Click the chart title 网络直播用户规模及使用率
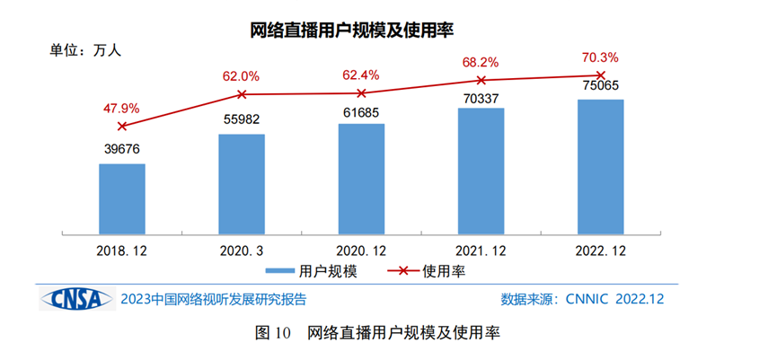tap(352, 31)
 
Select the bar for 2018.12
tap(122, 199)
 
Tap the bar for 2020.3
tap(242, 185)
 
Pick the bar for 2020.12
tap(361, 180)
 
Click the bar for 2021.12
tap(481, 171)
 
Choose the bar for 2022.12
tap(600, 167)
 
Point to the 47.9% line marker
tap(122, 126)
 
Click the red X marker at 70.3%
tap(601, 75)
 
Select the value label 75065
tap(600, 87)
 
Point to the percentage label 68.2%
tap(481, 63)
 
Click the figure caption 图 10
tap(274, 334)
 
